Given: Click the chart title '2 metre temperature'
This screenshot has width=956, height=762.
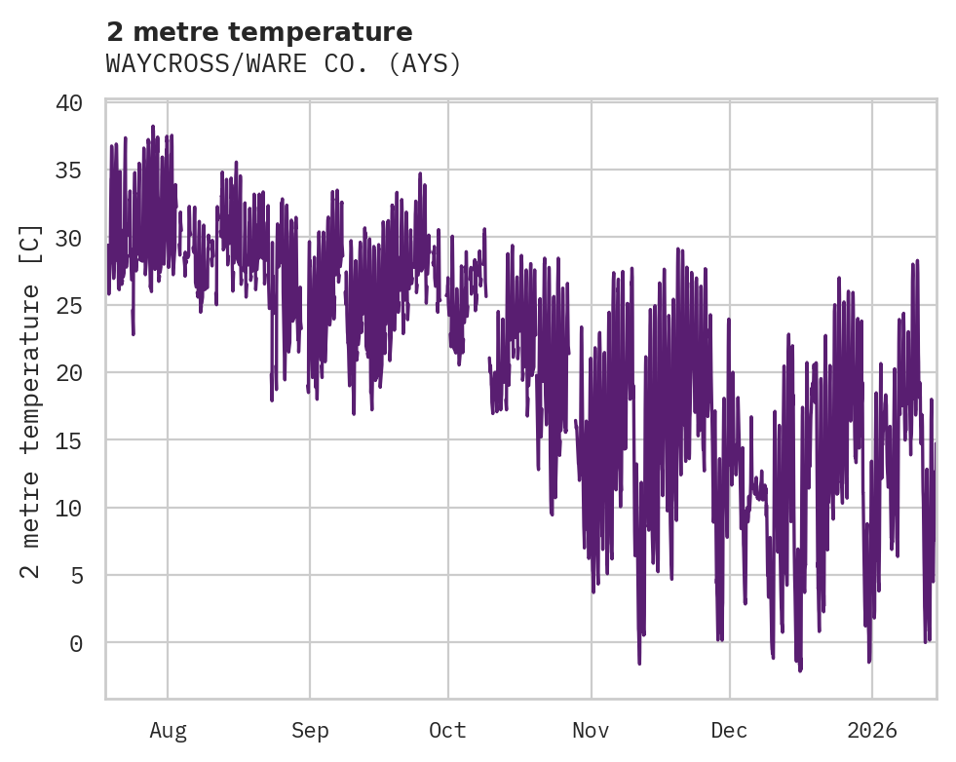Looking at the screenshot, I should (x=259, y=32).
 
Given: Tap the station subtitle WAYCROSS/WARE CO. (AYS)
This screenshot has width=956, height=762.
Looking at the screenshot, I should (x=283, y=64).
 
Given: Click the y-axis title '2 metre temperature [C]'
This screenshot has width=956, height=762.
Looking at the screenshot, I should (x=31, y=400).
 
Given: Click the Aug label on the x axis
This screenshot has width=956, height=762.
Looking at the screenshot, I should (x=168, y=730).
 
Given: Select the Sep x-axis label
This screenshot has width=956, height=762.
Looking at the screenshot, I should (x=310, y=730).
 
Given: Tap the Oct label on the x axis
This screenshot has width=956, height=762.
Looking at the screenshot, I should (x=448, y=730).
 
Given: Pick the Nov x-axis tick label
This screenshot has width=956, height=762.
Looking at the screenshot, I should (x=591, y=730).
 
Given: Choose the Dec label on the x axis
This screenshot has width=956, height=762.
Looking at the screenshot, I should (x=729, y=730).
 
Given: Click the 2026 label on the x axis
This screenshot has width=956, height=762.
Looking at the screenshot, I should (x=871, y=730).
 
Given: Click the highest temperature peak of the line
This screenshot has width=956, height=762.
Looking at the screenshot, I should (x=153, y=127).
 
